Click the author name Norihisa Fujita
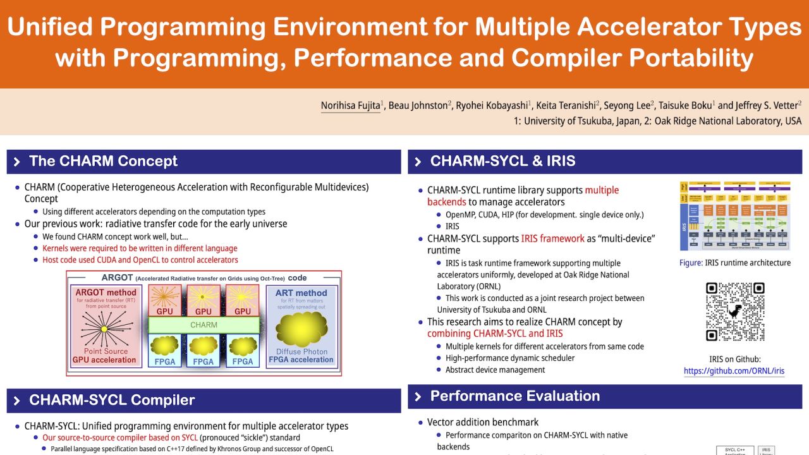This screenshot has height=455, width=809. click(350, 106)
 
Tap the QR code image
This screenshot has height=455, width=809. click(735, 312)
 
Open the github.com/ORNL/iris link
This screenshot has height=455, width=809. click(734, 371)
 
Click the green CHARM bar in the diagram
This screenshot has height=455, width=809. click(204, 325)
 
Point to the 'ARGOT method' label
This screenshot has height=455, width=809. click(106, 292)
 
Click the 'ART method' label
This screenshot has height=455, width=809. click(301, 293)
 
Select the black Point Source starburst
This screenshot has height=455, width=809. click(105, 327)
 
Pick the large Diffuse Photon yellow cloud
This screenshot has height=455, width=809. click(301, 329)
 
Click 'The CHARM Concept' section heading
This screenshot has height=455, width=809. click(103, 161)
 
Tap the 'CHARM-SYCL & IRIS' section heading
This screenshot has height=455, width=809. click(502, 161)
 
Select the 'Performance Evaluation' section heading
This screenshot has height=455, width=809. click(514, 396)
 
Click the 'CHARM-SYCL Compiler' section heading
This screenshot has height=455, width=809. click(112, 400)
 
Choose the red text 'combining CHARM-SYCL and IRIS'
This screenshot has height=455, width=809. click(495, 334)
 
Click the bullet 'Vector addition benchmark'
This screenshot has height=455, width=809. click(483, 422)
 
